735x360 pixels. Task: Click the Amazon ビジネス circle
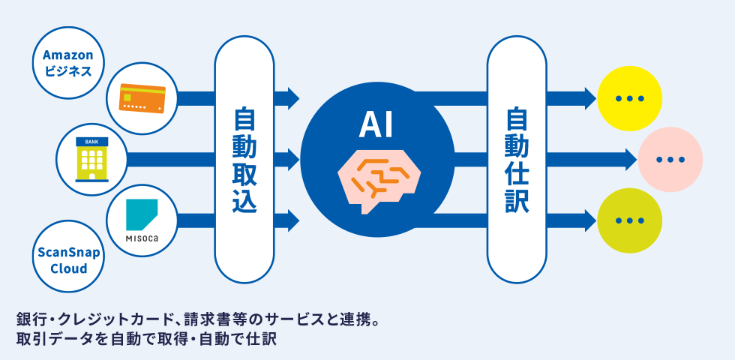point(67,64)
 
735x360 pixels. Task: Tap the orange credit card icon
point(142,97)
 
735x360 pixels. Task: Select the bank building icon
point(91,159)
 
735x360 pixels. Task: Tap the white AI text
point(376,123)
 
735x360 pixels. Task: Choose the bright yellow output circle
point(629,97)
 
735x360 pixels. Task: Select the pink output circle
point(670,160)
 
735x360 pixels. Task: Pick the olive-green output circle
point(629,220)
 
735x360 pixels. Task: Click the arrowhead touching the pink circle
point(631,160)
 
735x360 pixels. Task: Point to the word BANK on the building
point(91,141)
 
